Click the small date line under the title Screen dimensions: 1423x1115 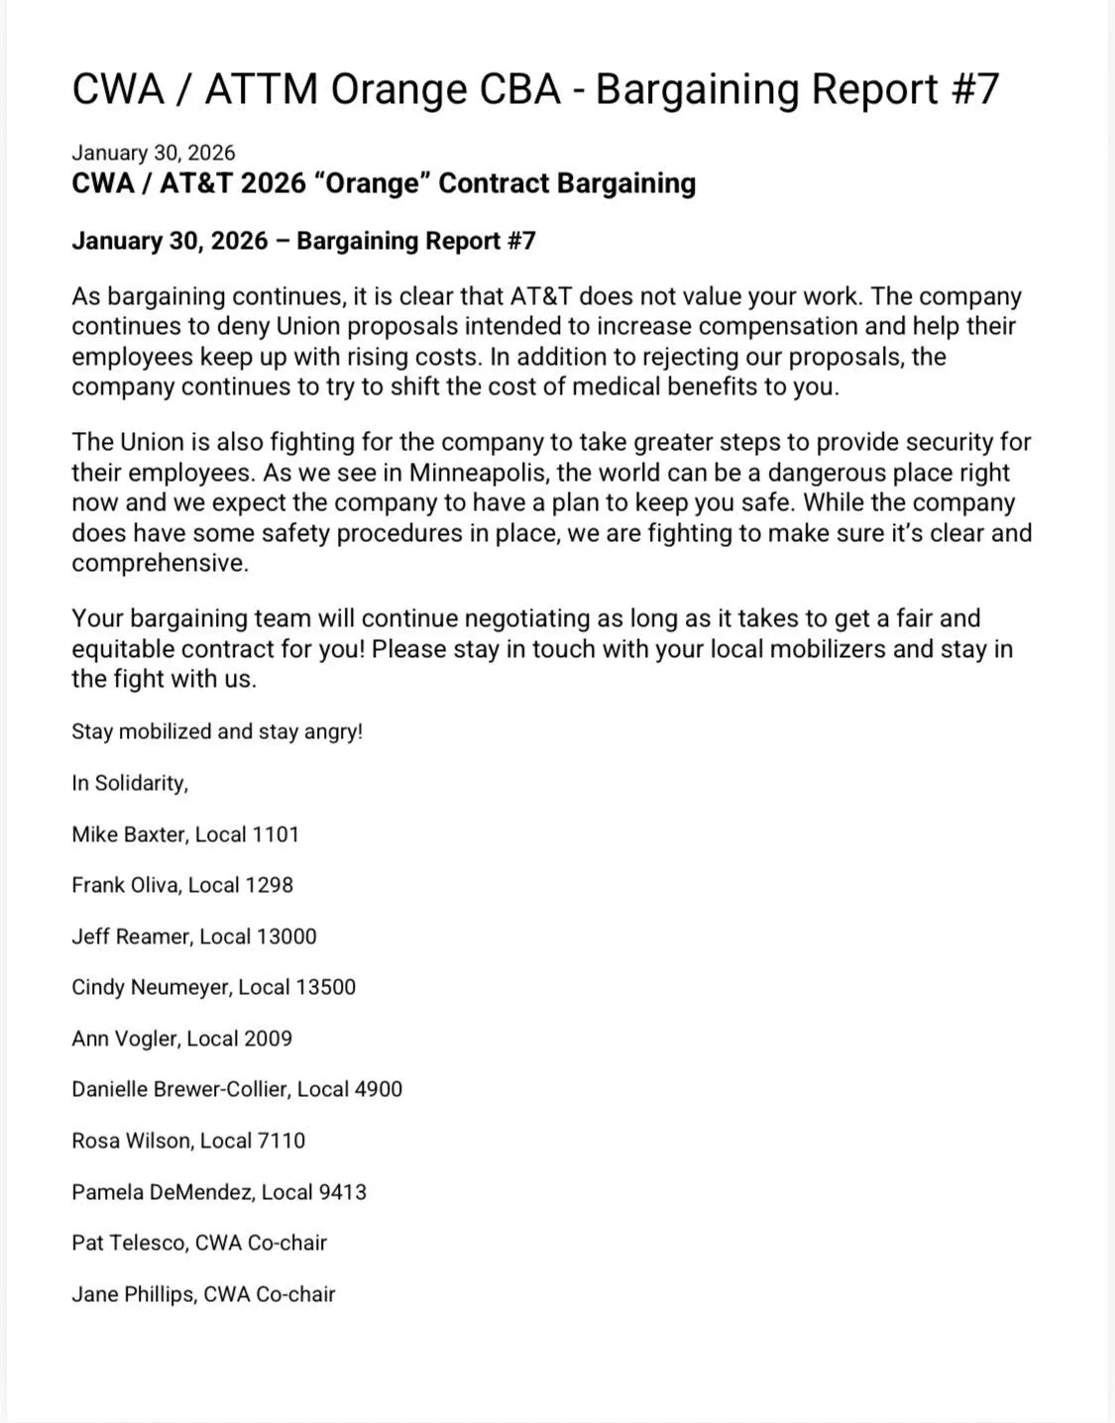pyautogui.click(x=154, y=153)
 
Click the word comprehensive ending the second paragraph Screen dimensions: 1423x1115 pyautogui.click(x=159, y=564)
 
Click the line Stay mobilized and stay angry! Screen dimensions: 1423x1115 pyautogui.click(x=217, y=731)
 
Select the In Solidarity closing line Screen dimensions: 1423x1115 pyautogui.click(x=130, y=783)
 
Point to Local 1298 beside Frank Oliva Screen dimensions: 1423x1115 pyautogui.click(x=241, y=885)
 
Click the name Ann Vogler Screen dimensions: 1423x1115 pyautogui.click(x=124, y=1039)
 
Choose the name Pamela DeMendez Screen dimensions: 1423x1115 pyautogui.click(x=163, y=1192)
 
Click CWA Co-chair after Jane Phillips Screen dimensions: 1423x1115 pyautogui.click(x=270, y=1294)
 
